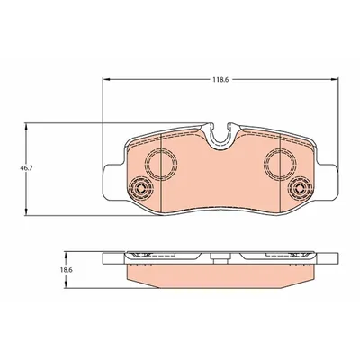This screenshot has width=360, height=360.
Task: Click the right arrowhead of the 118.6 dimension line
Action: point(336,85)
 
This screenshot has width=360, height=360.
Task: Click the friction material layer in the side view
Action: point(220,274)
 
